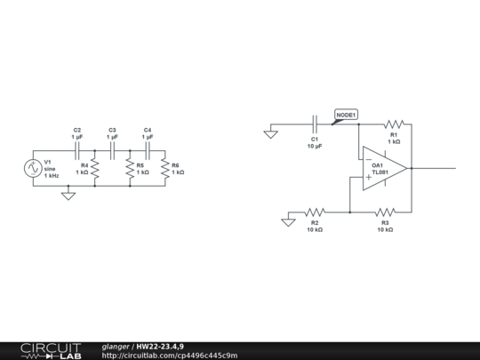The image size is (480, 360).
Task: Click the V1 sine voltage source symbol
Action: coord(33,168)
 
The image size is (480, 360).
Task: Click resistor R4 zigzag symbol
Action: coord(94,168)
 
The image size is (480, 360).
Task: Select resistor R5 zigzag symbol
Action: coord(130,168)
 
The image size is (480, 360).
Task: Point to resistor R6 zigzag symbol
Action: coord(164,168)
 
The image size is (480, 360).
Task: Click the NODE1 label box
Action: coord(346,115)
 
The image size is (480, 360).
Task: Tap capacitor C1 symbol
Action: coord(315,124)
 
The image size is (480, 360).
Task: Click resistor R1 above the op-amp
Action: coord(394,124)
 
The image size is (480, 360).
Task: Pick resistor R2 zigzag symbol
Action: coord(315,212)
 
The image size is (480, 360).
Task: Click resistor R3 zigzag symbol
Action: coord(385,212)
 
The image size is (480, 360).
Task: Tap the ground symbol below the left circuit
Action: coord(68,194)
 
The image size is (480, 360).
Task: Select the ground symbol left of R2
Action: coord(288,220)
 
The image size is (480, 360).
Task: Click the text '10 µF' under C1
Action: coord(315,145)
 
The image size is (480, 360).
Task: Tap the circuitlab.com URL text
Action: coord(169,355)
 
